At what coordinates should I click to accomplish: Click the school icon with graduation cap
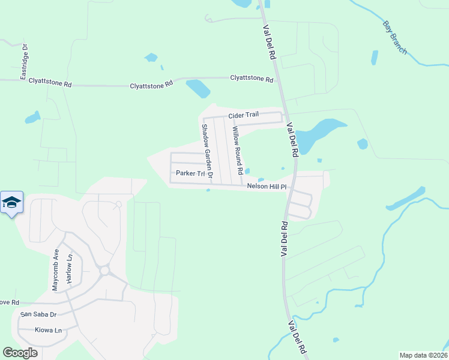(12, 202)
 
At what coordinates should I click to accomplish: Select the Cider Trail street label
(242, 116)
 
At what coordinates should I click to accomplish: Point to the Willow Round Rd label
(237, 150)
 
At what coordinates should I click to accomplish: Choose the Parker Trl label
(186, 173)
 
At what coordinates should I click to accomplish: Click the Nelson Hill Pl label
(268, 187)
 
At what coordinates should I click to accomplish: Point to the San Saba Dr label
(38, 314)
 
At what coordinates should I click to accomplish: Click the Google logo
(20, 353)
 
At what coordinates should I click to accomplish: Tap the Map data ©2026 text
(423, 355)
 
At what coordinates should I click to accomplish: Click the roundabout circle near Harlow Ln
(104, 271)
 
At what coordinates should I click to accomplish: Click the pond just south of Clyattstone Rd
(198, 89)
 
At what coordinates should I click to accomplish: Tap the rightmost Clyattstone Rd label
(252, 78)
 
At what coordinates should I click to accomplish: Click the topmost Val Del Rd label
(268, 41)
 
